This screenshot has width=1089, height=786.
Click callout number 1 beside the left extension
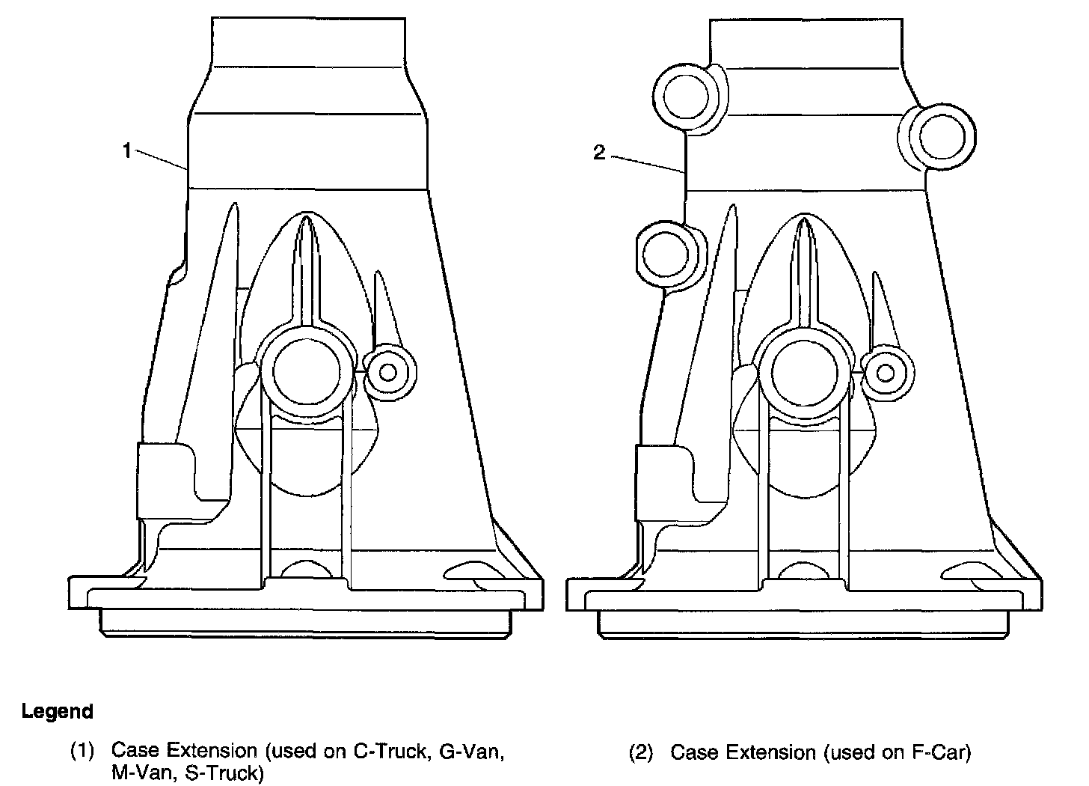[127, 151]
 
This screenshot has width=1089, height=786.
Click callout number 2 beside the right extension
[598, 153]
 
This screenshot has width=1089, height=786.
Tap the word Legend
[58, 711]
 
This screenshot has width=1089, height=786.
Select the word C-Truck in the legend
[387, 751]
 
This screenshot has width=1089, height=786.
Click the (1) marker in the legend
[82, 751]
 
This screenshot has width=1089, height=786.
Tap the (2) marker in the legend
[642, 752]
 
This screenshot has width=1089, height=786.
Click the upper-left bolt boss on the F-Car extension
[686, 96]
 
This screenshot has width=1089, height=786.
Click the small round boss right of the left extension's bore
[387, 372]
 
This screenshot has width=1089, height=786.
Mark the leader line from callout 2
[648, 164]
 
